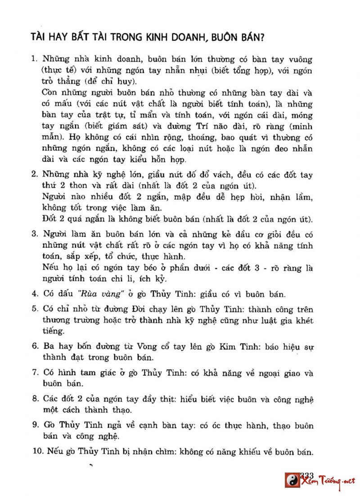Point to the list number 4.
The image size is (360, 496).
point(34,295)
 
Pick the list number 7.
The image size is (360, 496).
point(34,373)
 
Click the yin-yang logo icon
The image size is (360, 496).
point(292,480)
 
